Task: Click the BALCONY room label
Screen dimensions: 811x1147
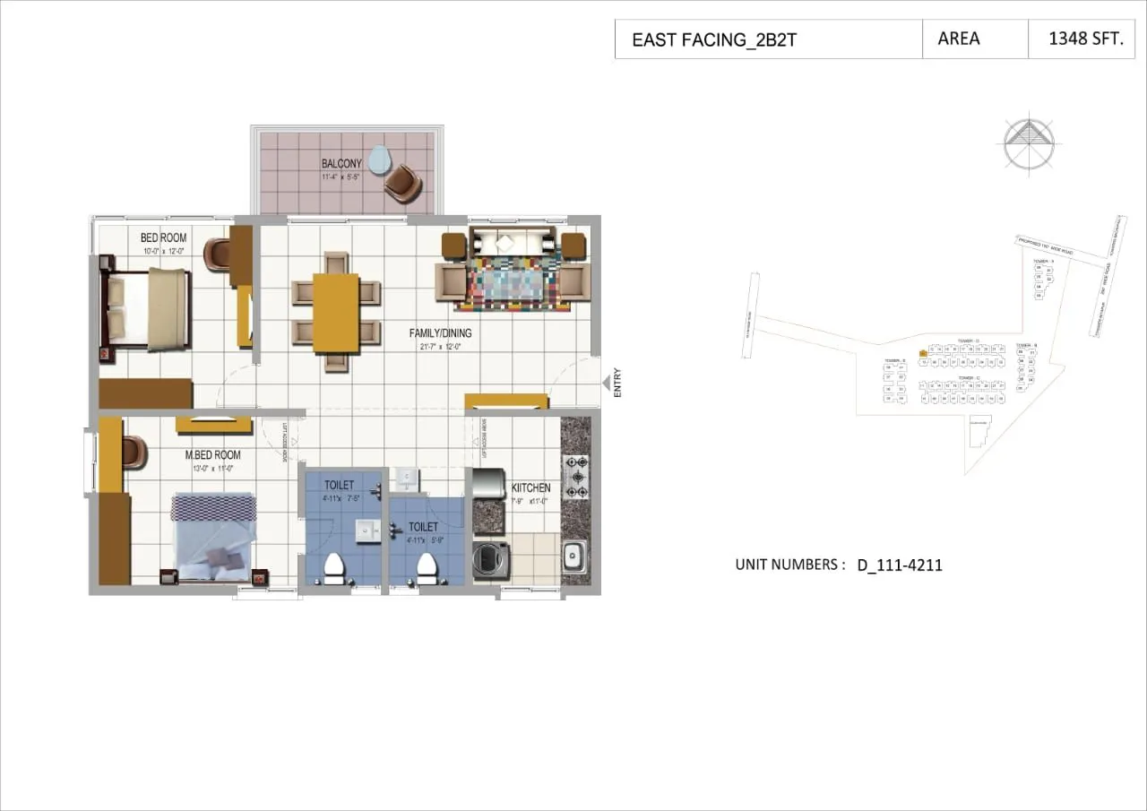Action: [x=341, y=163]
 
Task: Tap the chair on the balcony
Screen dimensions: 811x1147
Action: [x=402, y=183]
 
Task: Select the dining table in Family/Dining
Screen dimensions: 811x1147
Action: [x=335, y=312]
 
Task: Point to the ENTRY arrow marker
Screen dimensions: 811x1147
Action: [x=607, y=384]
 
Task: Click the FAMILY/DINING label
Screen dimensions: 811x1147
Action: [x=440, y=333]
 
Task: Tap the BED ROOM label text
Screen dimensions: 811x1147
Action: [x=163, y=237]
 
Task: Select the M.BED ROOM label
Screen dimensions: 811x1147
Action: [x=212, y=455]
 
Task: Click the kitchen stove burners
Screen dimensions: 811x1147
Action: [x=575, y=477]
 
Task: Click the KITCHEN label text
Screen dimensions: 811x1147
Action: [x=530, y=488]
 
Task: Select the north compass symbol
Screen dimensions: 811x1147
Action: [x=1030, y=143]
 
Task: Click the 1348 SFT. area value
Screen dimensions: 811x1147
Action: [x=1085, y=39]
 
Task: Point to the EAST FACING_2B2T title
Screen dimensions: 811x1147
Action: [x=713, y=40]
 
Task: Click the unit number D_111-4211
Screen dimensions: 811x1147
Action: [x=899, y=565]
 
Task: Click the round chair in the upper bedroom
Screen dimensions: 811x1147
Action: [x=217, y=254]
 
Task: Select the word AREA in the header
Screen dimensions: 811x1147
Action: [x=958, y=39]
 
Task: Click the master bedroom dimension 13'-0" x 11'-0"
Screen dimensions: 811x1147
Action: [x=212, y=468]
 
